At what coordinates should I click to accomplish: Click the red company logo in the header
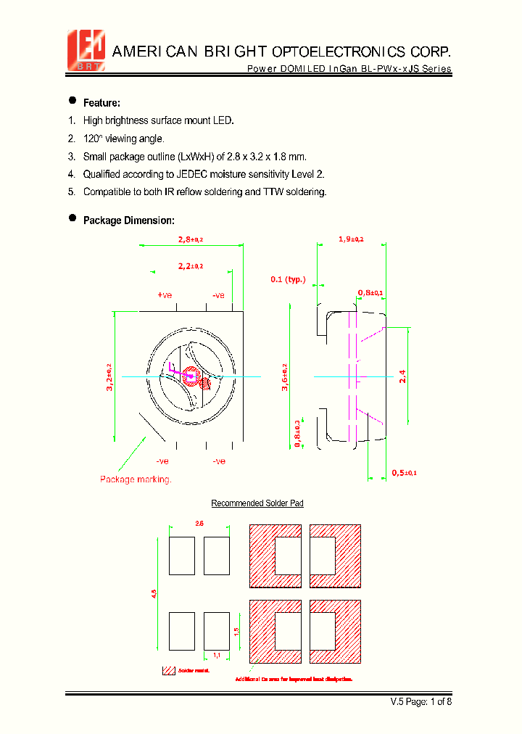[86, 50]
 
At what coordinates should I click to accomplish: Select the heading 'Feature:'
[101, 103]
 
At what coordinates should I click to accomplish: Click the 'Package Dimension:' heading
[128, 220]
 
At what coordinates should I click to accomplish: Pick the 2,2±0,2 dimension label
[191, 266]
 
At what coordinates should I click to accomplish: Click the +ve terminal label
[165, 295]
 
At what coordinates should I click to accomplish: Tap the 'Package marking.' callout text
[136, 479]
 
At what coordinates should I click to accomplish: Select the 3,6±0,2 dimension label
[284, 377]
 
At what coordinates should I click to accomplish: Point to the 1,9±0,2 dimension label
[352, 239]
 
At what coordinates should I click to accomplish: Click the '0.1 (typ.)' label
[288, 279]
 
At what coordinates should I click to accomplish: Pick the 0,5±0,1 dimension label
[404, 472]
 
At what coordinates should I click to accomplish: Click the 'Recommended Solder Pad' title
[257, 503]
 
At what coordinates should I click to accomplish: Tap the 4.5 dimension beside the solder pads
[154, 594]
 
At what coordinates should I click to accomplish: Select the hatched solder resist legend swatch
[168, 671]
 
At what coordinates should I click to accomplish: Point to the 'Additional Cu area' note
[294, 679]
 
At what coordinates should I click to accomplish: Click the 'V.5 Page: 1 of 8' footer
[421, 701]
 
